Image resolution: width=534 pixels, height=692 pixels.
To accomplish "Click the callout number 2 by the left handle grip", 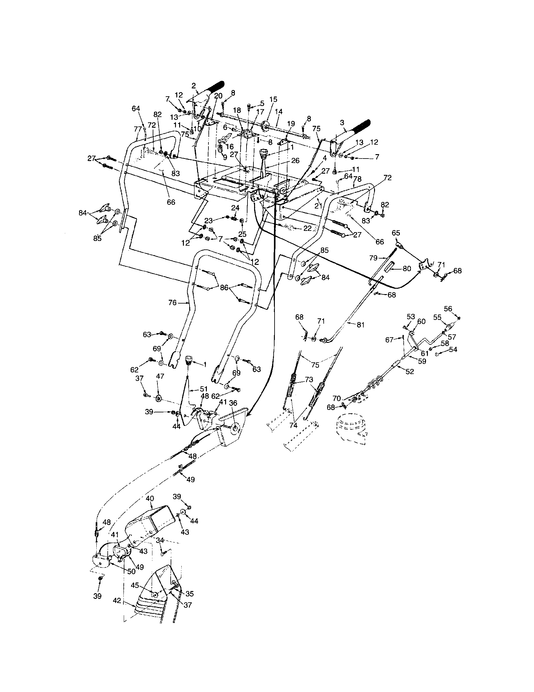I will click(x=194, y=85).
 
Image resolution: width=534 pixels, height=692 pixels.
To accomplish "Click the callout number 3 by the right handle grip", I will click(x=342, y=122).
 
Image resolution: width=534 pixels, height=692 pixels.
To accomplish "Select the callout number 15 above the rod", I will click(x=273, y=99).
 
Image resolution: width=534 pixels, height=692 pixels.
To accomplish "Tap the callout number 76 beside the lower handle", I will click(x=172, y=303).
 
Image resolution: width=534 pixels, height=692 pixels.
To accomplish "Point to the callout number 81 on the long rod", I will click(x=361, y=325).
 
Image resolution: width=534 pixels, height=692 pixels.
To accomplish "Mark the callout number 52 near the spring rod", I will click(x=410, y=371).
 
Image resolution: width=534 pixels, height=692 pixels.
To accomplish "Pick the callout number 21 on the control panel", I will click(x=318, y=206).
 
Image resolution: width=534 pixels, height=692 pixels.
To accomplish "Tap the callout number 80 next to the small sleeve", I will click(x=406, y=269).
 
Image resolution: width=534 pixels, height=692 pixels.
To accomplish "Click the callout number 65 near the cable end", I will click(x=396, y=232).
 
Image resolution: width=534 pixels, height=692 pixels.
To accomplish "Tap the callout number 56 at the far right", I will click(x=448, y=309).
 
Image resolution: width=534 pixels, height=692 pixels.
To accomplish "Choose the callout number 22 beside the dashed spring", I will click(x=307, y=228).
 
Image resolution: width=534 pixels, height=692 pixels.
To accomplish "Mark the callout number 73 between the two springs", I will click(x=309, y=380).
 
